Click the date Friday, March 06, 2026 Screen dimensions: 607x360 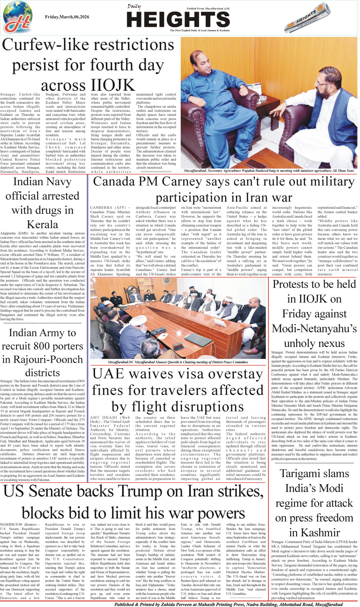pyautogui.click(x=67, y=17)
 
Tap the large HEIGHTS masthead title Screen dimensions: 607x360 pyautogui.click(x=179, y=20)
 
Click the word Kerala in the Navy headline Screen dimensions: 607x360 pyautogui.click(x=43, y=224)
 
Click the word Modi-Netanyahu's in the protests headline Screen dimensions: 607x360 pyautogui.click(x=314, y=328)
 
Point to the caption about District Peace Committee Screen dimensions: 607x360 pyautogui.click(x=178, y=362)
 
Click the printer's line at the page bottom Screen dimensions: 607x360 pyautogui.click(x=228, y=604)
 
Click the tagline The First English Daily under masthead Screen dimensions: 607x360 pyautogui.click(x=200, y=30)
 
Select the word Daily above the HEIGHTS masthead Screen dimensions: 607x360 pyautogui.click(x=134, y=7)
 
